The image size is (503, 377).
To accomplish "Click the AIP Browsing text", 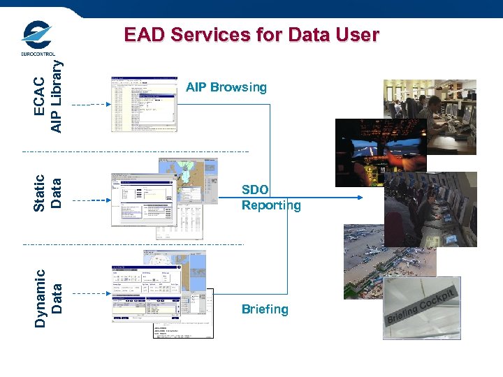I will [226, 87].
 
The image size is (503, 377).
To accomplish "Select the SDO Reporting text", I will [270, 198].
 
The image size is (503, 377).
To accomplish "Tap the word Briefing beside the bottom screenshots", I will [265, 309].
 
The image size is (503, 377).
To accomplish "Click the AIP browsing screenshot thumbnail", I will [145, 104].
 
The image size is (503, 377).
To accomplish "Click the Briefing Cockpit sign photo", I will [421, 311].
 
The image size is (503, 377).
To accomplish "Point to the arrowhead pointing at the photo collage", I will [360, 198].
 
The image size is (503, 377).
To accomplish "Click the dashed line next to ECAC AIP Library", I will [91, 104].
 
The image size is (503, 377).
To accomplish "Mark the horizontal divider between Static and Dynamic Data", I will [133, 244].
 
